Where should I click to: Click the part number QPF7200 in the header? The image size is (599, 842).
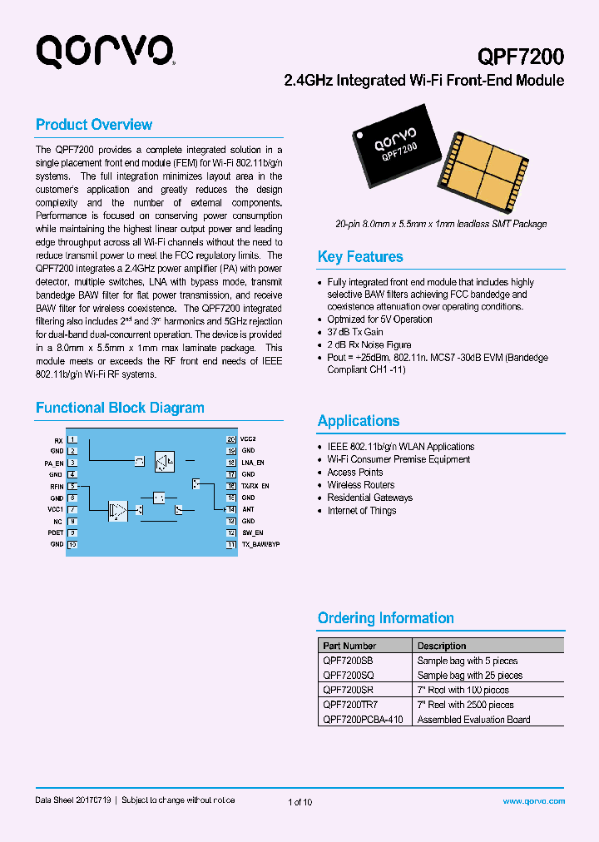coord(521,57)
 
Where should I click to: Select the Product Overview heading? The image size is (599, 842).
coord(94,125)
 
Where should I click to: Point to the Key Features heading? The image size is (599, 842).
coord(360,257)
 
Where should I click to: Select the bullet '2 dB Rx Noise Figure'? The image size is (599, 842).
coord(369,344)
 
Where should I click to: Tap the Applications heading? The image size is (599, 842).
coord(359,421)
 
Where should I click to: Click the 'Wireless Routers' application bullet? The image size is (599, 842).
coord(361,485)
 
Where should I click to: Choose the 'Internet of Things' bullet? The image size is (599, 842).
coord(362,511)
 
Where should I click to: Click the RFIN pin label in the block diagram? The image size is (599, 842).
coord(57,486)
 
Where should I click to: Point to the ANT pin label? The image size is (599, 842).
coord(248,509)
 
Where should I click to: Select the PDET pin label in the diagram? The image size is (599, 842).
coord(56,532)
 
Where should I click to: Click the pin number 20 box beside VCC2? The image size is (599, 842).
coord(231,438)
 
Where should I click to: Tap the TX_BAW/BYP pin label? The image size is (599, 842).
coord(260,544)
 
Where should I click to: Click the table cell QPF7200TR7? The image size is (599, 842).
coord(349,705)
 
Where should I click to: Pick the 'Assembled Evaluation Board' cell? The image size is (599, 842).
coord(473,720)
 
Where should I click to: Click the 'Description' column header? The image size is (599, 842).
coord(442,646)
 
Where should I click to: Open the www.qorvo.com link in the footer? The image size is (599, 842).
coord(534,801)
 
